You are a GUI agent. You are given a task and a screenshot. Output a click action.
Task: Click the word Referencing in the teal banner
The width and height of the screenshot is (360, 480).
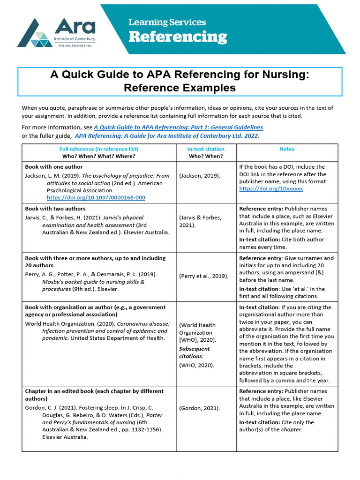coord(178,37)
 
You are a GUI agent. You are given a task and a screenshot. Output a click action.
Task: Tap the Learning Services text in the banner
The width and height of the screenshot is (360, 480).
coord(167,22)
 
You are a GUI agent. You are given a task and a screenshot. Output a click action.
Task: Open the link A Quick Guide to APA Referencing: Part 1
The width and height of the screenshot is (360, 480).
coord(178,127)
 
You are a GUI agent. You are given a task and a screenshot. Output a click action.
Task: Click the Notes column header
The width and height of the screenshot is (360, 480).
coord(286,149)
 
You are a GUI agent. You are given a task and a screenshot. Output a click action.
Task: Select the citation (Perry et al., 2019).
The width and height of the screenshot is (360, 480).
coord(203,276)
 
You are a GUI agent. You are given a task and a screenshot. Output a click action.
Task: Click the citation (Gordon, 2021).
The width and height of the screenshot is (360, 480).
coord(199,408)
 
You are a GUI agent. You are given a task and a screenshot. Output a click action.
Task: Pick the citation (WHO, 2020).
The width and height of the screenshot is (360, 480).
coord(196,365)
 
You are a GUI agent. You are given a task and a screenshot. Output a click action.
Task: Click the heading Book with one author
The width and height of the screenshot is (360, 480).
coord(53,167)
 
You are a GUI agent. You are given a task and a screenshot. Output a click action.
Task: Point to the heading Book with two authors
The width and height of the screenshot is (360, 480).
coord(55,209)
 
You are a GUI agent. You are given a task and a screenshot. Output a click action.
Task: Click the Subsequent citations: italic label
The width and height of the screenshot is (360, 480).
coord(195,352)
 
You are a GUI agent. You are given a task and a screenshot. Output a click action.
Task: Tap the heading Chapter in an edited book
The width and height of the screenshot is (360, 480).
coord(94,391)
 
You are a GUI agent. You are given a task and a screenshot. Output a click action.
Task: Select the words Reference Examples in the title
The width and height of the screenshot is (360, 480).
coord(180,88)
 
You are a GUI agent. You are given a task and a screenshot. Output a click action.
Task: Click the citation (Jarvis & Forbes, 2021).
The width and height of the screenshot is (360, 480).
coord(200,221)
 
